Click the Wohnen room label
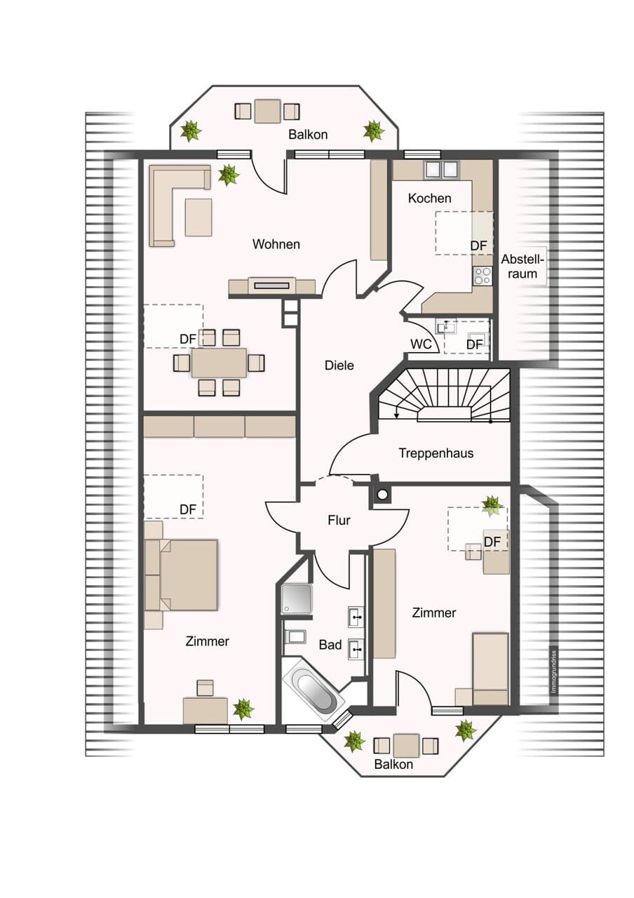pos(276,243)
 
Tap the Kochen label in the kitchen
pos(430,198)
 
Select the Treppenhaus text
pos(436,453)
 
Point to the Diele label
pos(339,366)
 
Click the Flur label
pos(339,520)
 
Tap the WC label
pos(421,344)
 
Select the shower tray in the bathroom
pos(297,599)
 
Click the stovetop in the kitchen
pos(483,276)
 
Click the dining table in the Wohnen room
pos(219,363)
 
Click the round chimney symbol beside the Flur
pos(383,495)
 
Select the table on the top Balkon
pos(267,111)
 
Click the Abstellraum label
pos(522,267)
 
